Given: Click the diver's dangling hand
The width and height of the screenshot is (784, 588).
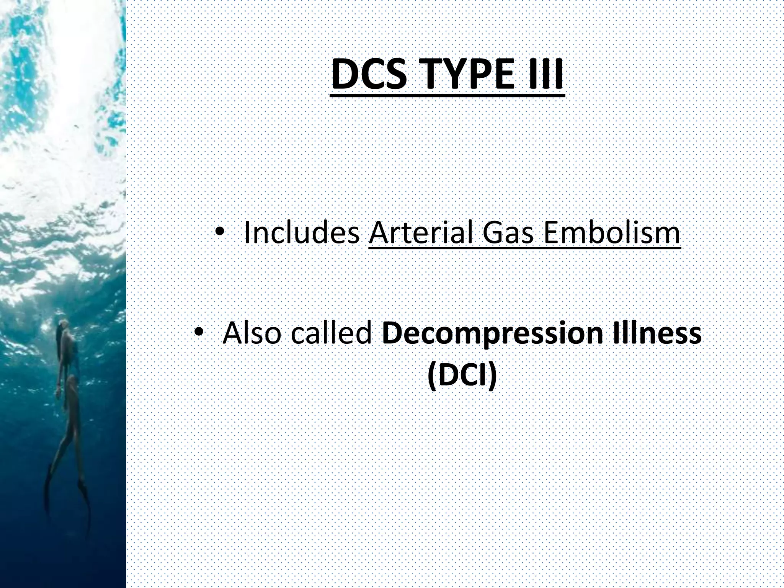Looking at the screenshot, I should [58, 392].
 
